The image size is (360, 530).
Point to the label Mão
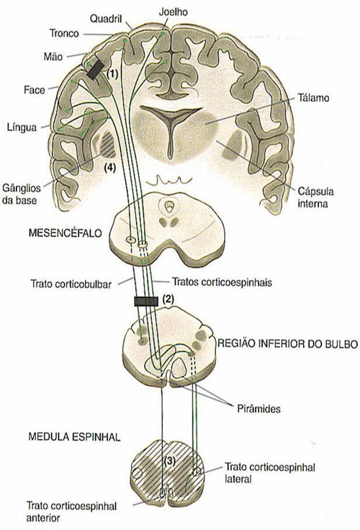[52, 55]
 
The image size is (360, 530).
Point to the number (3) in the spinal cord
[167, 460]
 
